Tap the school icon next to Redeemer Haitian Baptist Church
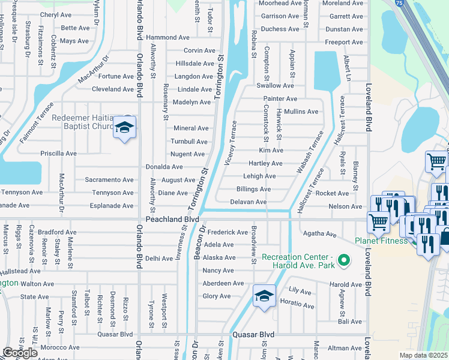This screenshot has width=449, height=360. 125,128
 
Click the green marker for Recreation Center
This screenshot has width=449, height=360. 343,260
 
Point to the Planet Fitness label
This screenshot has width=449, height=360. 380,241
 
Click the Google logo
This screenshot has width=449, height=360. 20,353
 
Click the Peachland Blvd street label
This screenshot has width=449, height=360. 159,220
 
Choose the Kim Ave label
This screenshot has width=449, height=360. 271,151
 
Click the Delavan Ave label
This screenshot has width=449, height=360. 249,202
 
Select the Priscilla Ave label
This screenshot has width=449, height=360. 58,154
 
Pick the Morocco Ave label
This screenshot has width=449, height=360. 60,347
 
